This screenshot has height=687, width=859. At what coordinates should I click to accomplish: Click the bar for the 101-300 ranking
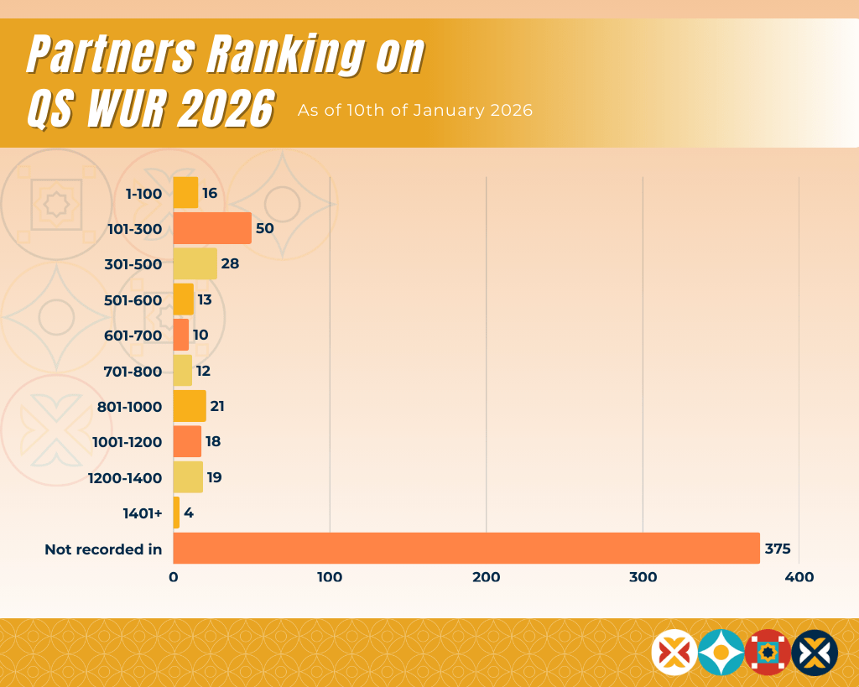click(212, 228)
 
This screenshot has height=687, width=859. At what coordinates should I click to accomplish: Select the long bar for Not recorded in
click(466, 549)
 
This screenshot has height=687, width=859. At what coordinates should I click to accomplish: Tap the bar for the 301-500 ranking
click(195, 263)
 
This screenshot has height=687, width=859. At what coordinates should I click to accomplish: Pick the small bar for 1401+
click(176, 513)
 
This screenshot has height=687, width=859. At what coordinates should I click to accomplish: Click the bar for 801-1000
click(190, 406)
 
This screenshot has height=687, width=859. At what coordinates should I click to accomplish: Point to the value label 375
click(778, 549)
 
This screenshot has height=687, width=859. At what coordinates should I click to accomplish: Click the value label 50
click(265, 228)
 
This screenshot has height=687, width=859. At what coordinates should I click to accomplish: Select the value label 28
click(230, 263)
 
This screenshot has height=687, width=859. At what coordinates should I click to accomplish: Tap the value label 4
click(189, 513)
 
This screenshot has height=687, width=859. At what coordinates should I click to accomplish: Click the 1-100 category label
click(143, 194)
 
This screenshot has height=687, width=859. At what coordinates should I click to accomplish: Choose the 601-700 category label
click(133, 336)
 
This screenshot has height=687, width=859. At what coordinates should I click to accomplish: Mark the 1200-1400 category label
click(125, 478)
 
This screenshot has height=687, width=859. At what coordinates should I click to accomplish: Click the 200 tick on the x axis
click(487, 577)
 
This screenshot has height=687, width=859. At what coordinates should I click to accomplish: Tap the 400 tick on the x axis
click(799, 577)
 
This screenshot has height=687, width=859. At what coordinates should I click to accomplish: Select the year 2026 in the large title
click(226, 108)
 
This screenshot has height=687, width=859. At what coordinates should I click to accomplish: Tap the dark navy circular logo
click(815, 652)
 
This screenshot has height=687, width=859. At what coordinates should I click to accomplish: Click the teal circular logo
click(721, 652)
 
